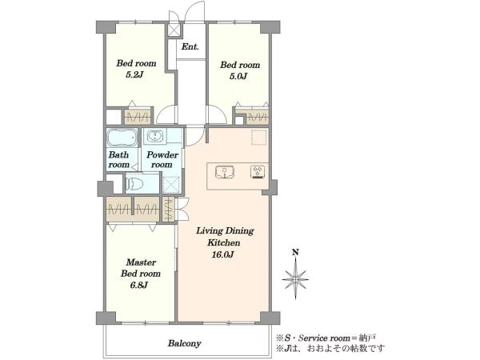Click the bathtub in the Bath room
(x=122, y=138)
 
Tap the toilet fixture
(x=135, y=184)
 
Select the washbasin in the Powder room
(x=155, y=136)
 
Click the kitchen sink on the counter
(x=225, y=172)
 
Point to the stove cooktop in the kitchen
(x=258, y=172)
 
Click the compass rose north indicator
(x=295, y=275)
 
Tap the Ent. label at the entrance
(x=190, y=47)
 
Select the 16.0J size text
(x=223, y=254)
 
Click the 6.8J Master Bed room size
(x=139, y=285)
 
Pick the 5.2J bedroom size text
(x=134, y=74)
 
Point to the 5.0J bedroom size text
(x=238, y=76)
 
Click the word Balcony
(x=184, y=343)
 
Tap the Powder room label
(x=162, y=159)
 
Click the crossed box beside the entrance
(x=174, y=30)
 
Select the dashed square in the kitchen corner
(x=259, y=137)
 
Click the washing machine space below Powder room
(x=171, y=185)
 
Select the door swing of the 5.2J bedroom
(x=166, y=114)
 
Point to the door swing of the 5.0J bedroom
(x=218, y=114)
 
